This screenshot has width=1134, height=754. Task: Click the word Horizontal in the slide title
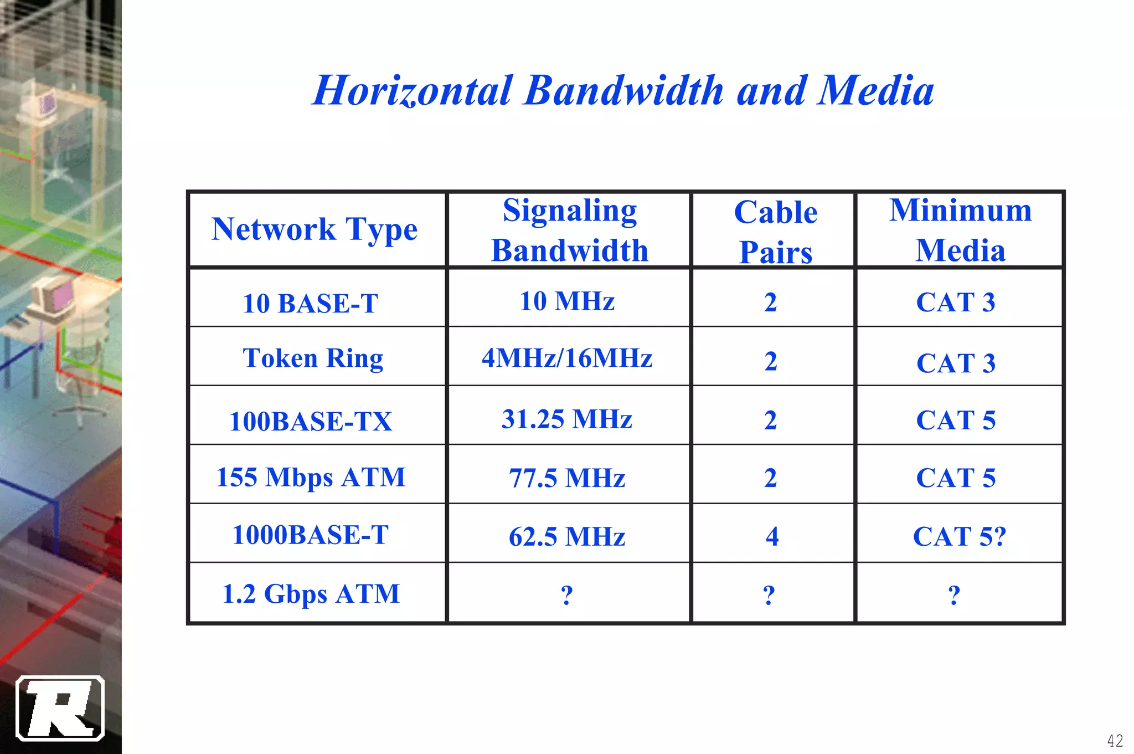pos(413,90)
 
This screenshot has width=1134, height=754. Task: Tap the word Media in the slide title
pos(876,90)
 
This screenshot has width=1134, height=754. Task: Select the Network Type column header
pos(315,229)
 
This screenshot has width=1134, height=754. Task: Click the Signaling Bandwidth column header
pos(570,230)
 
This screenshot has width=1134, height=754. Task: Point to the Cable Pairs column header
pos(775,232)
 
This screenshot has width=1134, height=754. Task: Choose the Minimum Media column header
pos(961,230)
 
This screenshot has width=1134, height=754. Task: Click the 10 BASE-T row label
pos(310,304)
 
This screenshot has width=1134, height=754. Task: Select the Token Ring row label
pos(313,358)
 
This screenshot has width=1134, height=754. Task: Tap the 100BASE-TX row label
pos(310,421)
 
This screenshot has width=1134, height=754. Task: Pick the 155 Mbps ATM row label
pos(311,477)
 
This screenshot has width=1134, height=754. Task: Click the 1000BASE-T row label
pos(310,535)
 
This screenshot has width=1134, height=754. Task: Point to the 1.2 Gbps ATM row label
pos(311,594)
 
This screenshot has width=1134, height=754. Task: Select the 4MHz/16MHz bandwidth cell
pos(567,358)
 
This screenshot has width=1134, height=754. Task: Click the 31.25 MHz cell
pos(567,419)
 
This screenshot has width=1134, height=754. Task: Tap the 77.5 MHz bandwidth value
pos(567,478)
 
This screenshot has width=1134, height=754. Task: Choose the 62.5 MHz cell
pos(567,536)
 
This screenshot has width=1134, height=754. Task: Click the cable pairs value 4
pos(772,536)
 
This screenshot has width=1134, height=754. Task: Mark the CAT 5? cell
pos(959,536)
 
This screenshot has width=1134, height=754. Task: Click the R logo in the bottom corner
pos(60,708)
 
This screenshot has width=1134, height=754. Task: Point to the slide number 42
pos(1115,740)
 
